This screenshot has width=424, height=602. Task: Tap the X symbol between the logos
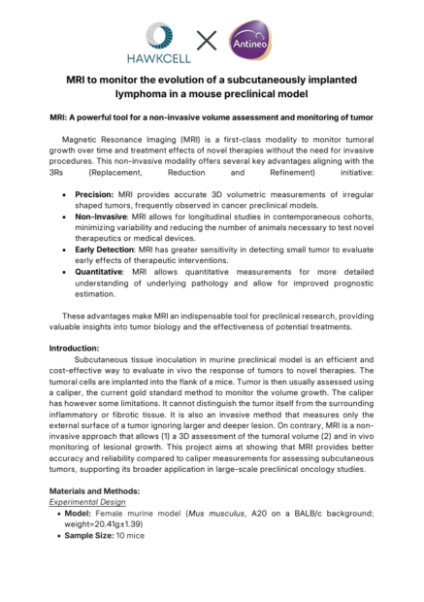(x=208, y=40)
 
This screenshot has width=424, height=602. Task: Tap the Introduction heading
(x=81, y=348)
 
